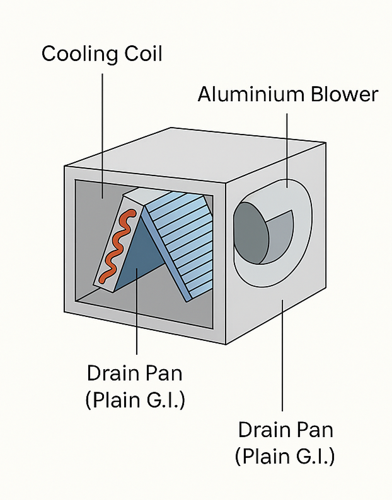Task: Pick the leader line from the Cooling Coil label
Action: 102,126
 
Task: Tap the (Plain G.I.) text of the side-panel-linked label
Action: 285,457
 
